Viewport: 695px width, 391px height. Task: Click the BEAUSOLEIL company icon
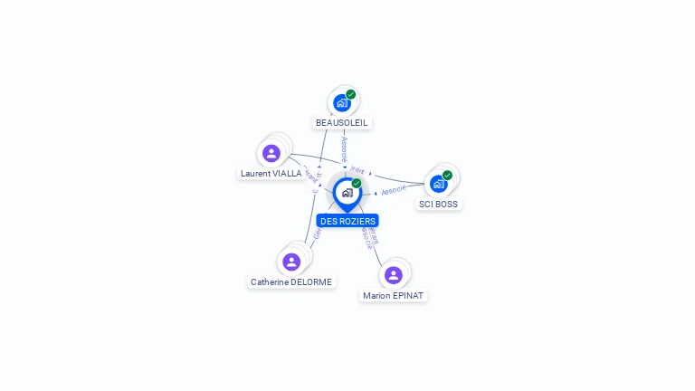[342, 103]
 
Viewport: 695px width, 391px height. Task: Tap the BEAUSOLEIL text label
[342, 122]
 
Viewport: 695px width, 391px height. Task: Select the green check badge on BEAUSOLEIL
[351, 94]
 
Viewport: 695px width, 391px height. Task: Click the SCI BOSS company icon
[439, 184]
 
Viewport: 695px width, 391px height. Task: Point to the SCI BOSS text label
[439, 204]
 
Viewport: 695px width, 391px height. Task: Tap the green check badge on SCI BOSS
[447, 175]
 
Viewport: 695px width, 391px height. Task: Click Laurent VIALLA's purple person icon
[271, 153]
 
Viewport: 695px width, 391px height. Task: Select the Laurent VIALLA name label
[271, 173]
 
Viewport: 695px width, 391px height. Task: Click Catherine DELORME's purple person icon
[291, 262]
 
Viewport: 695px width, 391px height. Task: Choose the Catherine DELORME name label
[291, 281]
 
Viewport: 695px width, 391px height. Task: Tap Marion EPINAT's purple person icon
[393, 275]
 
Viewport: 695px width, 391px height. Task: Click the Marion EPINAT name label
[393, 295]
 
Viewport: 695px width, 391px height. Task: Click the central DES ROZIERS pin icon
[347, 193]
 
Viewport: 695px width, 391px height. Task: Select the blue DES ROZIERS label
[347, 221]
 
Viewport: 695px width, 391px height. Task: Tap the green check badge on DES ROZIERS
[357, 184]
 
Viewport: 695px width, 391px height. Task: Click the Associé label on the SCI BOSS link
[394, 190]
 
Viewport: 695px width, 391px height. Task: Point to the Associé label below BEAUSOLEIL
[344, 149]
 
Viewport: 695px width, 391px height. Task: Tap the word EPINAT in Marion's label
[408, 295]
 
